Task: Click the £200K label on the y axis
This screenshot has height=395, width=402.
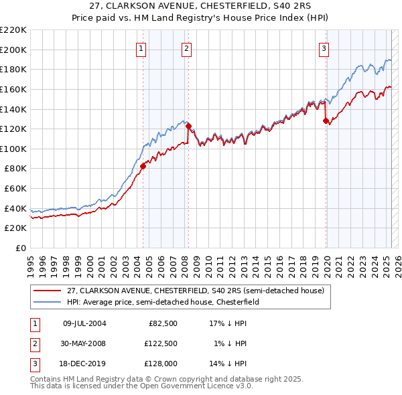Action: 14,50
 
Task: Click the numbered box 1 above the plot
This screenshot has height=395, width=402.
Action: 142,48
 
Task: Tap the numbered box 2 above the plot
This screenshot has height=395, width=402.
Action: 186,48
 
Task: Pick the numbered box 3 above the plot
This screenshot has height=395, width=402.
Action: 324,48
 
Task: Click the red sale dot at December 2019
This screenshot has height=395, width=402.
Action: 326,121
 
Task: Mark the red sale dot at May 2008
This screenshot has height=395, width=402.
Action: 188,126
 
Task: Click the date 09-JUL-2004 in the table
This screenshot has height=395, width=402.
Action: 84,323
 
